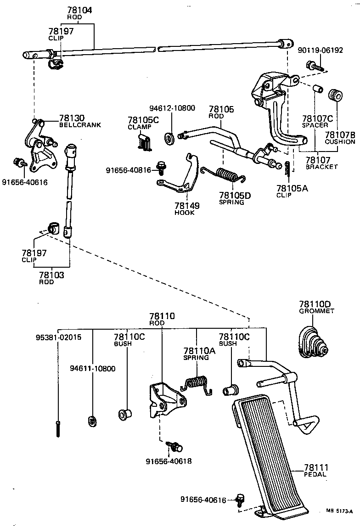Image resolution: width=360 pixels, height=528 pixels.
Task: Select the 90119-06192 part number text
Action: point(320,51)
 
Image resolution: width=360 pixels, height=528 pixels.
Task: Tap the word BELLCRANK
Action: point(80,125)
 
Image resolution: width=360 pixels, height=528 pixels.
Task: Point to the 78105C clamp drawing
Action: point(144,142)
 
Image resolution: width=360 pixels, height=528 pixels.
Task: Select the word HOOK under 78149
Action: point(184,213)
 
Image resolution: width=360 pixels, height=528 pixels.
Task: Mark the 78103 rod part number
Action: point(52,275)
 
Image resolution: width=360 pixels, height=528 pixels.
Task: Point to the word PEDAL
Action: point(315,474)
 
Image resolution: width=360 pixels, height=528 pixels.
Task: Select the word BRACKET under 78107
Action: point(321,167)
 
